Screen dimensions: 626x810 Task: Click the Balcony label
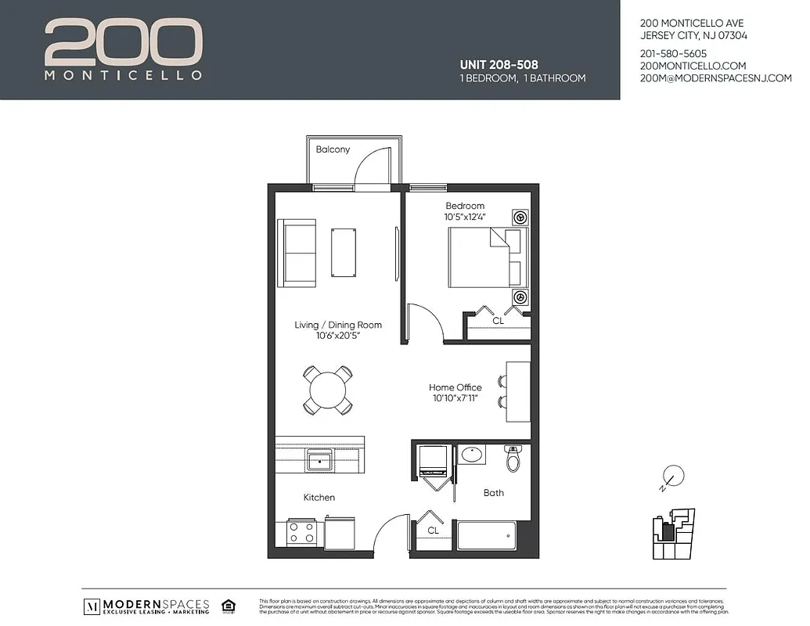pos(333,149)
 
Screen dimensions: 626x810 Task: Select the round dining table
pos(327,390)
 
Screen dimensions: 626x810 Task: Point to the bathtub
pos(486,536)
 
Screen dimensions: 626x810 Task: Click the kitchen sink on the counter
pos(320,460)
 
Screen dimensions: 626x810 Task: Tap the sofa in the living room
pos(297,253)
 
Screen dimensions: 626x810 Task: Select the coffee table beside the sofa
pos(344,252)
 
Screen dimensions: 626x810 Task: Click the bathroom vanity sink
pos(471,454)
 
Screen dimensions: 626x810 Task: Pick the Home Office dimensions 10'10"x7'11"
pos(455,398)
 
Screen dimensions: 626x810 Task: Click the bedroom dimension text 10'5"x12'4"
pos(466,217)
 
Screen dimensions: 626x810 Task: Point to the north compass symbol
pos(671,476)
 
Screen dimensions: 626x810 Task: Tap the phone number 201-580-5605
pos(673,53)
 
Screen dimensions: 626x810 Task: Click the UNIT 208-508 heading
pos(498,64)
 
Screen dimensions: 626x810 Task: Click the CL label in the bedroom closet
pos(498,321)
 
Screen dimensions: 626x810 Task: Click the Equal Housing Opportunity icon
pos(229,605)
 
